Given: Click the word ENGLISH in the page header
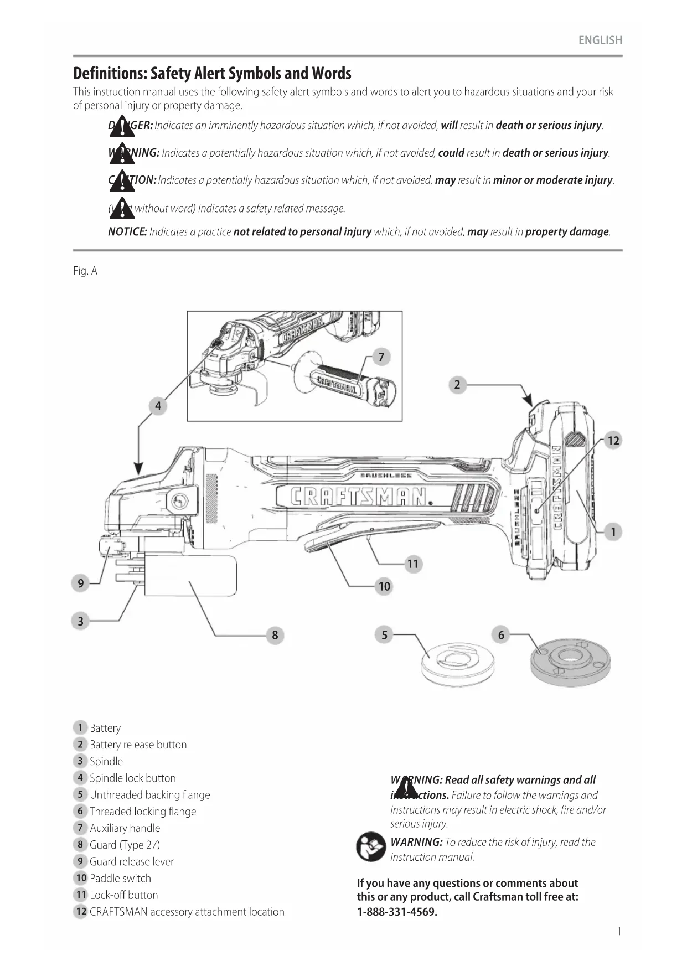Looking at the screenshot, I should pyautogui.click(x=600, y=40).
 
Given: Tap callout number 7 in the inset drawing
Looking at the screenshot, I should pyautogui.click(x=381, y=357).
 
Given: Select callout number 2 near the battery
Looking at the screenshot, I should pyautogui.click(x=457, y=385).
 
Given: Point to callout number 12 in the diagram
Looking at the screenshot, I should pyautogui.click(x=613, y=441).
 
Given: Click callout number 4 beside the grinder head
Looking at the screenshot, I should pyautogui.click(x=158, y=406).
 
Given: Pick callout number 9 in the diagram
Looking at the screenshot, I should pyautogui.click(x=81, y=583).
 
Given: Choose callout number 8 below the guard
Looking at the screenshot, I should pyautogui.click(x=275, y=635).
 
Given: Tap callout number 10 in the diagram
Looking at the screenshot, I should pyautogui.click(x=384, y=586).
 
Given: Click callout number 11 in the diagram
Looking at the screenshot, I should pyautogui.click(x=413, y=564).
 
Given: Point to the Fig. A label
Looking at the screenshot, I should pyautogui.click(x=85, y=271).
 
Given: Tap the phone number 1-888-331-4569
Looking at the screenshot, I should pyautogui.click(x=397, y=912).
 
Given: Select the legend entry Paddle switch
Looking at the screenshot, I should pyautogui.click(x=120, y=878).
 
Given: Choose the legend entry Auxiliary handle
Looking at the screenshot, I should pyautogui.click(x=125, y=828).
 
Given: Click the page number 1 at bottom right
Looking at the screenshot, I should pyautogui.click(x=619, y=932).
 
